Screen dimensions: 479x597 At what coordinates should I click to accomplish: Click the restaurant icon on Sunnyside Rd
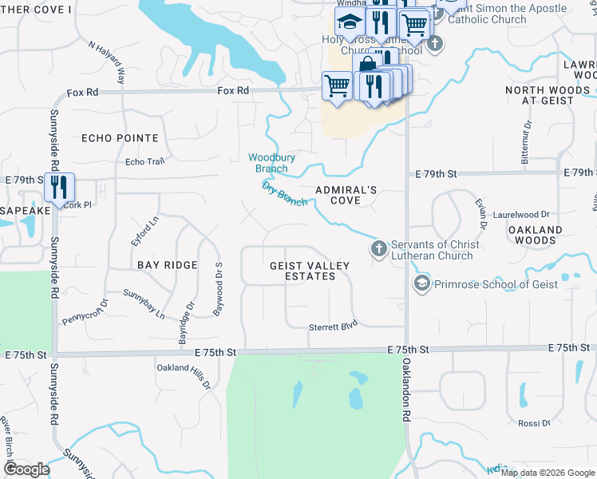59,188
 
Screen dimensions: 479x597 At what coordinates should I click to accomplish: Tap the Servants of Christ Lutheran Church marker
378,250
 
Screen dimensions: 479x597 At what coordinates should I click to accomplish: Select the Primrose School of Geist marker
421,283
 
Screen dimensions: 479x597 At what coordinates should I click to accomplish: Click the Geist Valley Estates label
302,271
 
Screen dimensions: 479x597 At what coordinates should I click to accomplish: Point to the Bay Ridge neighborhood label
166,264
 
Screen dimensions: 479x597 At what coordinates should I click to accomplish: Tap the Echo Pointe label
121,138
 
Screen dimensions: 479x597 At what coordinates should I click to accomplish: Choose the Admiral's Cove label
346,195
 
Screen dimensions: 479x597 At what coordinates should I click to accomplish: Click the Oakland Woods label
536,235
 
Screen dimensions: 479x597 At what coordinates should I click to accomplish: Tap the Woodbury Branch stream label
271,163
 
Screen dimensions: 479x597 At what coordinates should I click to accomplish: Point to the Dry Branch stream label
285,193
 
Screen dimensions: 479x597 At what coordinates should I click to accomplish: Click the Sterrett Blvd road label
333,327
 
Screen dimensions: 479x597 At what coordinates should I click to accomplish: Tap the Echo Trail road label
144,162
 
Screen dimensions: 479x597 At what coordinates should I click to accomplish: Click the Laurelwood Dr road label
522,215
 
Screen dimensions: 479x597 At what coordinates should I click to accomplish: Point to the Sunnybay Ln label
144,303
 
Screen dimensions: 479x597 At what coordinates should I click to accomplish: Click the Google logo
26,469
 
